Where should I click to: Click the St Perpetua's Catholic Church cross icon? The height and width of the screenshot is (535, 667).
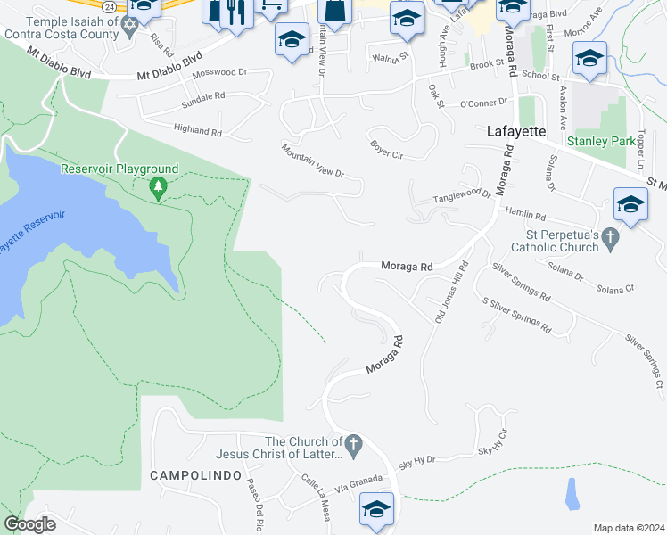coord(610,237)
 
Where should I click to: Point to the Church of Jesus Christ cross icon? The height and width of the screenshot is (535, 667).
coord(353,442)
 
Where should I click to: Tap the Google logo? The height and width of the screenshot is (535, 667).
coord(29,524)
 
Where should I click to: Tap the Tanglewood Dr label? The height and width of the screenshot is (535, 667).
coord(462,196)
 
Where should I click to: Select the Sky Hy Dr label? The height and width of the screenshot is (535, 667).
coord(416,461)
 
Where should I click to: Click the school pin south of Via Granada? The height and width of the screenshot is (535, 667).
coord(376,510)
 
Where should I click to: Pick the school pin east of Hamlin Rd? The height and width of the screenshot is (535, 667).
coord(630,204)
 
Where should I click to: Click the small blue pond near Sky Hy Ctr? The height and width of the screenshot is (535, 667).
coord(572,492)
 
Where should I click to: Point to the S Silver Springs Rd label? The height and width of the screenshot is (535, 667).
coord(516,317)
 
